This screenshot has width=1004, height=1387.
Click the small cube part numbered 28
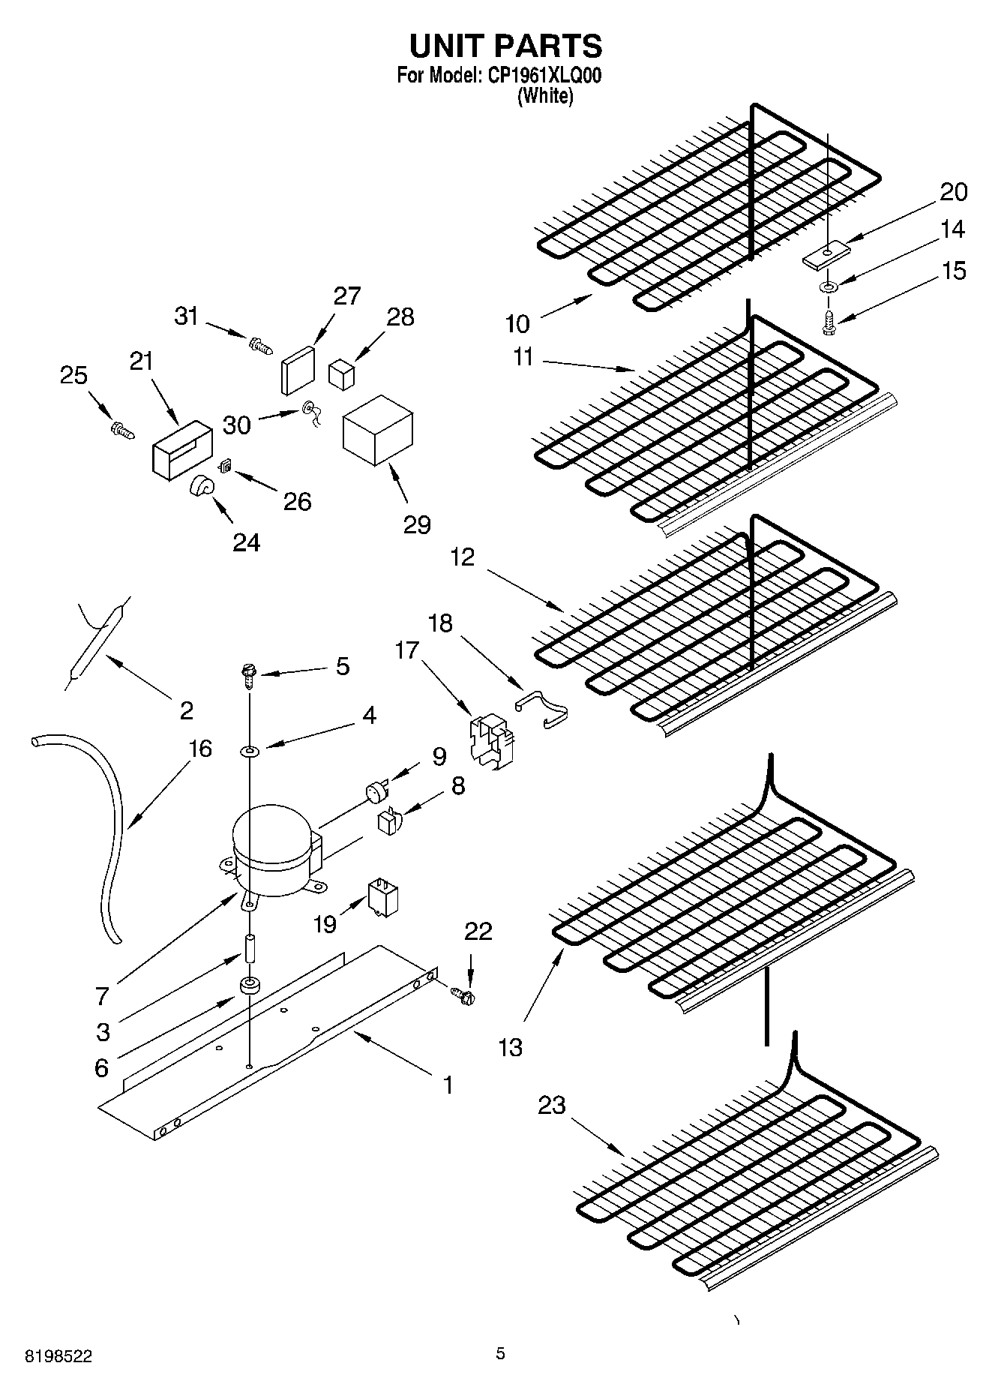pos(341,373)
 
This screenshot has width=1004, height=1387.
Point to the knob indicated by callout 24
pos(201,488)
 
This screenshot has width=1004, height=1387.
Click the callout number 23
pos(552,1105)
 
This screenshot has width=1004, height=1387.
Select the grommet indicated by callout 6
pos(248,986)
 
